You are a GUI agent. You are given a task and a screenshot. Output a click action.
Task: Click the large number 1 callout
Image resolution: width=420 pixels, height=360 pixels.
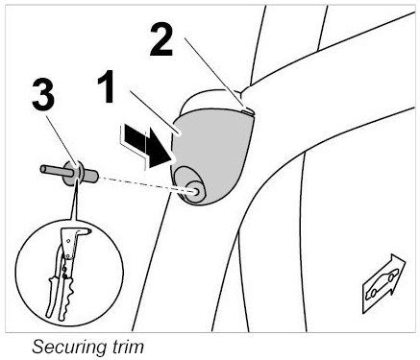tap(107, 86)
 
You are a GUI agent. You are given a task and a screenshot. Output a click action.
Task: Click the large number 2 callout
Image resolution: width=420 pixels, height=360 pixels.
tap(161, 40)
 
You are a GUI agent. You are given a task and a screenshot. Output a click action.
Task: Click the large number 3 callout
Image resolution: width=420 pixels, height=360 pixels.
tap(43, 95)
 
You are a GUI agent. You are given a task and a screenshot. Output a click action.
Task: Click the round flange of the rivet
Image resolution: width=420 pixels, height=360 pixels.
tap(74, 173)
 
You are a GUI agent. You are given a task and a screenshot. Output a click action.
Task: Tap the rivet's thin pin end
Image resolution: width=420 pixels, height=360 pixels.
tap(55, 170)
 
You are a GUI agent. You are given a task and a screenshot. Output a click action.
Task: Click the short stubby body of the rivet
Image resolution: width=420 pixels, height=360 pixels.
tap(90, 177)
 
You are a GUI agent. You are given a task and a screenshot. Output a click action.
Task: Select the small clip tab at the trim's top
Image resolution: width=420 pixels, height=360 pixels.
tap(247, 111)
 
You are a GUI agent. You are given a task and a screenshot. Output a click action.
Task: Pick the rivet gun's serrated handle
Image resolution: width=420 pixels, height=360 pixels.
tap(64, 297)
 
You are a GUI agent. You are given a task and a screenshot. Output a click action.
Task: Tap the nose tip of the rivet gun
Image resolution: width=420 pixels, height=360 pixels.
tap(88, 230)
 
